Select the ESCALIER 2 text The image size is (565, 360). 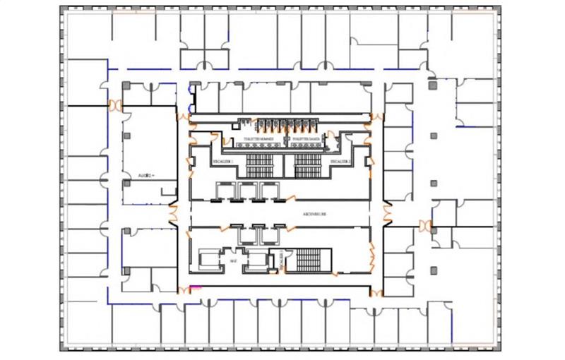click(340, 162)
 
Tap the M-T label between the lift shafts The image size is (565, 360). click(232, 261)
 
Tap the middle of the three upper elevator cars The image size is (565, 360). click(248, 191)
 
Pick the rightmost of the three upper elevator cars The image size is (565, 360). click(268, 191)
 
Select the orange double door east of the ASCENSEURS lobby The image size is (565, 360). click(386, 210)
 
